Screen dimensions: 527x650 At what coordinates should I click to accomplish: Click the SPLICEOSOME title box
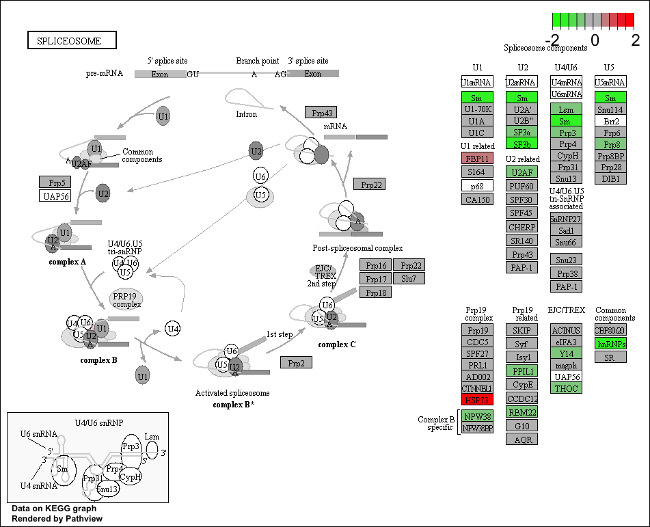[x=72, y=40]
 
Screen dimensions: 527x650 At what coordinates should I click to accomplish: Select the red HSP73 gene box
[x=477, y=400]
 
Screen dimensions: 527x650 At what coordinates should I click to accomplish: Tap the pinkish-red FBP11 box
[x=477, y=159]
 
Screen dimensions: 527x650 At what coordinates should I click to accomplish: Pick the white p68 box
[x=477, y=186]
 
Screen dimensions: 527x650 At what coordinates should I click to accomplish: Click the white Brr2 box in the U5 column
[x=610, y=121]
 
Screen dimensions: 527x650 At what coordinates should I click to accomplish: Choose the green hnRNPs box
[x=610, y=344]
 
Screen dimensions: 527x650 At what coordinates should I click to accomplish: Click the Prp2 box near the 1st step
[x=296, y=362]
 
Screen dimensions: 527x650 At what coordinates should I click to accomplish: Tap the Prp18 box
[x=376, y=293]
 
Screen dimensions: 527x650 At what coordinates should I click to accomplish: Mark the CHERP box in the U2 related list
[x=522, y=227]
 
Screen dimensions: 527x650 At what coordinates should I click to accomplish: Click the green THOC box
[x=566, y=388]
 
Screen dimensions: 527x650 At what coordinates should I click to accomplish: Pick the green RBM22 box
[x=522, y=411]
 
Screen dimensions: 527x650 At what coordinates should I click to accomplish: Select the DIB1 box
[x=610, y=178]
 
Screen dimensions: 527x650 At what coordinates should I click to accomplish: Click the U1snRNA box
[x=477, y=83]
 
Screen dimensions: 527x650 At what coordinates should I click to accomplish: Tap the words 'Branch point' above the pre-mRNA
[x=257, y=61]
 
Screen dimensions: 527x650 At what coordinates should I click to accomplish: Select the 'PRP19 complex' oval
[x=126, y=299]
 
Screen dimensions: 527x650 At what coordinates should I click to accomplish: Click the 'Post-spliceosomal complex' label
[x=357, y=247]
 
